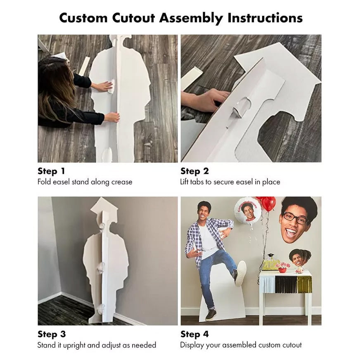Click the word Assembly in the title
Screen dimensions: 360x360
[x=191, y=18]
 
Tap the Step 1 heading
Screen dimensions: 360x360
[x=51, y=171]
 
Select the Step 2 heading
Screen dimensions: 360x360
[x=194, y=171]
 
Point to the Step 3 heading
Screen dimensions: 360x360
[x=52, y=334]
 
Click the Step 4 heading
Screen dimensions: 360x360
[x=194, y=334]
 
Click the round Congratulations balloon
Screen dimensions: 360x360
[x=248, y=211]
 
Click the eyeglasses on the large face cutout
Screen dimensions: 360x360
[x=296, y=218]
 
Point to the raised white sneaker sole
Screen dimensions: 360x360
[x=241, y=274]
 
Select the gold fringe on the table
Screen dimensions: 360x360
[x=304, y=285]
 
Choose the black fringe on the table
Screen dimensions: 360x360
[x=286, y=285]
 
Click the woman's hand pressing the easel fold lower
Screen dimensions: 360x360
[x=112, y=117]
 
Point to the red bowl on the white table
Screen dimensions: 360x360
[x=282, y=270]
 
